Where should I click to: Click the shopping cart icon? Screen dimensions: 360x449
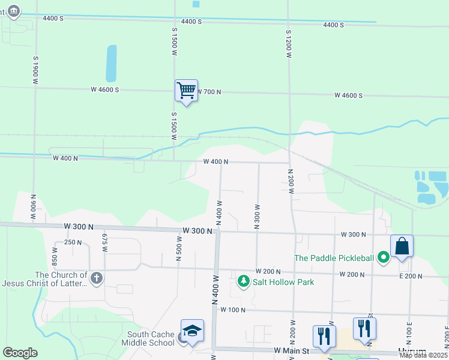click(x=186, y=91)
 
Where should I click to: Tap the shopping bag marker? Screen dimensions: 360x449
click(x=402, y=247)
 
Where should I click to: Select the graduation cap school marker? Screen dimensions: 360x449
click(x=192, y=331)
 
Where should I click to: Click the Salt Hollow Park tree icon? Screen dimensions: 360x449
click(x=243, y=281)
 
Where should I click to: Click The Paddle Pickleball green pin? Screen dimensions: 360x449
click(x=384, y=258)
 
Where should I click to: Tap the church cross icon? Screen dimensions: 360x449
click(x=96, y=278)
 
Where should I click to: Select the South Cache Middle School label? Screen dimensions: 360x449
click(x=151, y=338)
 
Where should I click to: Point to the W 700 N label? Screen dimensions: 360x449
click(x=208, y=92)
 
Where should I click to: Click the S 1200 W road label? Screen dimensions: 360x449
click(x=289, y=43)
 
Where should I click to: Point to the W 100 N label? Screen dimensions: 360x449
click(x=234, y=310)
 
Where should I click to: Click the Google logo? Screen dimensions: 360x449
click(x=20, y=353)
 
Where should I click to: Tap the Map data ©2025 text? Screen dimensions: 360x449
click(x=423, y=355)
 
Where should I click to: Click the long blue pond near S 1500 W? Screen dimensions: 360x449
click(x=111, y=63)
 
